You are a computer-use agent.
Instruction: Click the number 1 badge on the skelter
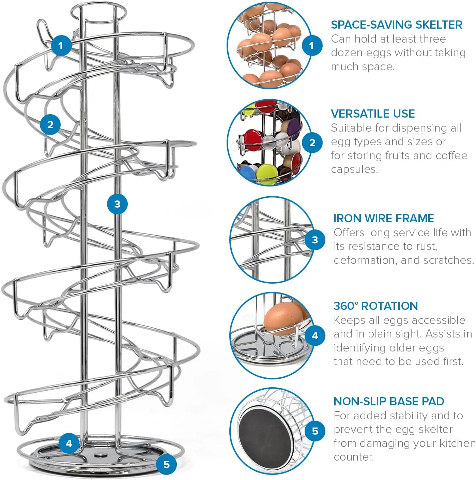(x=61, y=45)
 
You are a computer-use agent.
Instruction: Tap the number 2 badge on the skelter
(x=50, y=124)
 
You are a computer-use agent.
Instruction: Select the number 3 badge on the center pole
(x=117, y=204)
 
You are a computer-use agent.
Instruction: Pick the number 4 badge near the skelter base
(x=69, y=443)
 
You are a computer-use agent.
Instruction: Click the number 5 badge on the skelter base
(x=166, y=464)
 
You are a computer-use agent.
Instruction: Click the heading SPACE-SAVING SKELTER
(x=396, y=25)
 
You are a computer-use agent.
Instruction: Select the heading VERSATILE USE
(x=373, y=114)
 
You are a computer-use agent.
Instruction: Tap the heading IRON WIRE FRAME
(x=383, y=218)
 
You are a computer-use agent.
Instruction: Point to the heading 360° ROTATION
(x=375, y=306)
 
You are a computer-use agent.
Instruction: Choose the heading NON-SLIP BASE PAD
(x=388, y=401)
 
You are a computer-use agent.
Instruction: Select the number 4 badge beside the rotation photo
(x=315, y=336)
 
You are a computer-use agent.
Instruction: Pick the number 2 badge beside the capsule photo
(x=312, y=143)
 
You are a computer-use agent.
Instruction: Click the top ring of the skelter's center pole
(x=98, y=10)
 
